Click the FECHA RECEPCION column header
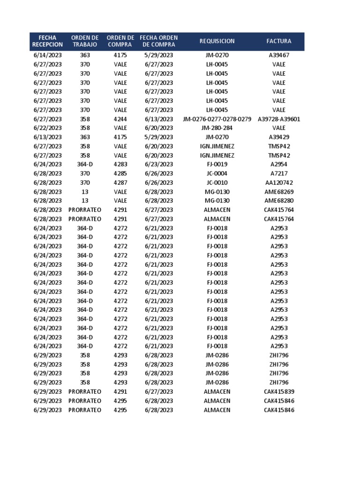point(47,41)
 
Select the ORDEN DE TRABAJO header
point(85,41)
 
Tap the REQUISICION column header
point(217,41)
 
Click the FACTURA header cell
point(279,41)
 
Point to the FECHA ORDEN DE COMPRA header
point(159,41)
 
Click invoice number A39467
point(279,55)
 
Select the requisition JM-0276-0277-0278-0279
point(217,119)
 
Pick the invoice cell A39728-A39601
point(279,119)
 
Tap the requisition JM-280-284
point(217,128)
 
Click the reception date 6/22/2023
point(47,128)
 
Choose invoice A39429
point(279,137)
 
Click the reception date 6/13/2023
point(47,137)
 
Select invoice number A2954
point(279,165)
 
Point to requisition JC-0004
point(217,173)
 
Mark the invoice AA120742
point(279,182)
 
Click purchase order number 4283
point(120,165)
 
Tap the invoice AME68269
point(279,192)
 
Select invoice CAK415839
point(279,392)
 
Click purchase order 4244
point(120,119)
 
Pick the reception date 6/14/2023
point(47,55)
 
